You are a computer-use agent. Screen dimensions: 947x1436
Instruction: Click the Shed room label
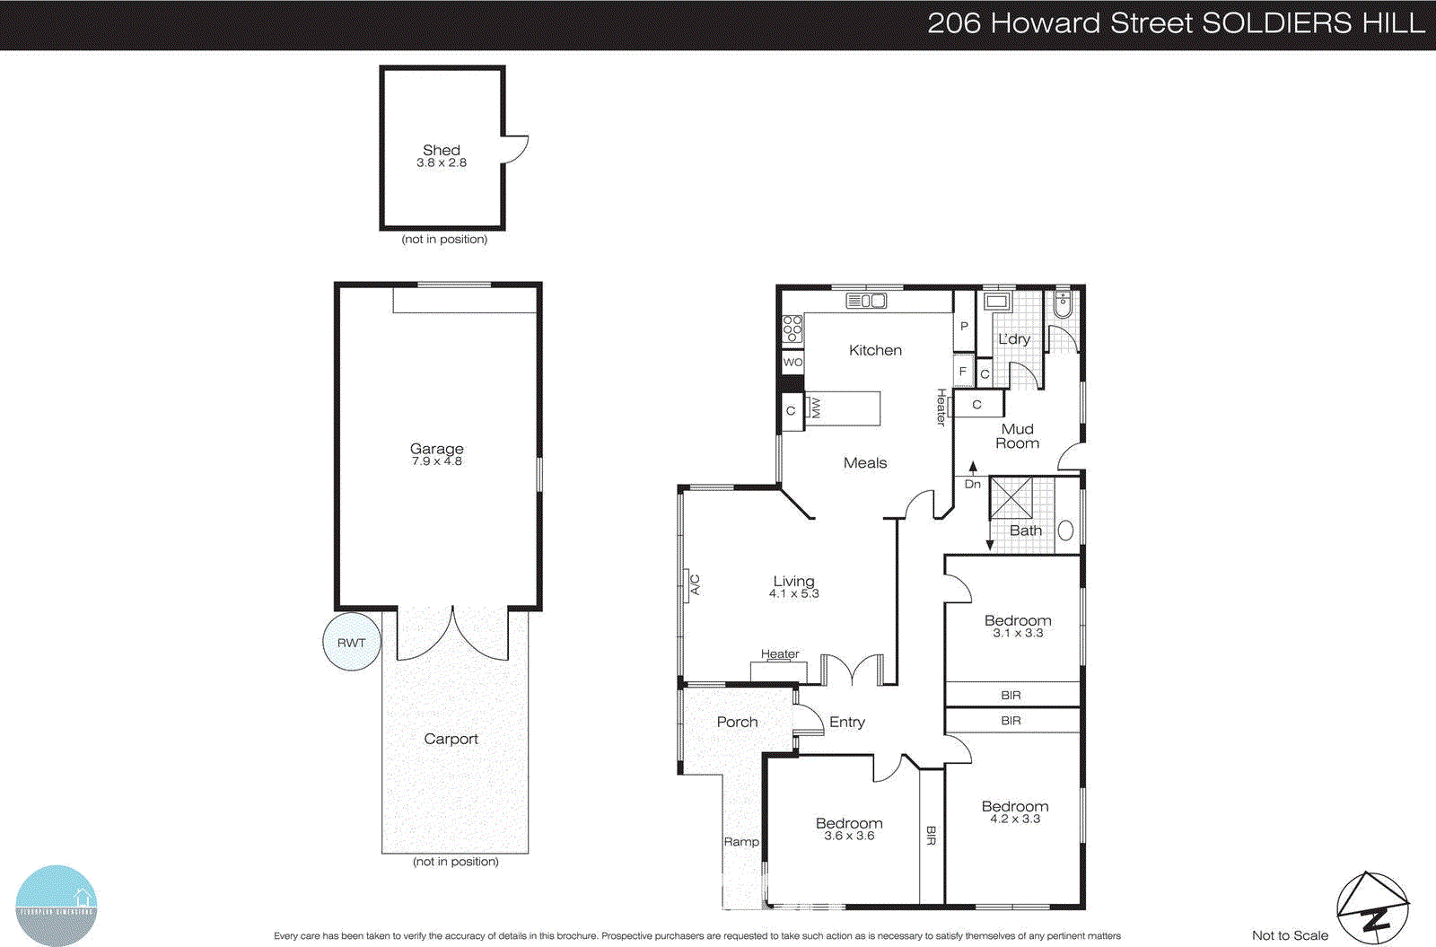pos(442,150)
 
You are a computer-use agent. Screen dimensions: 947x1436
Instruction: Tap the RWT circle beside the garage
pos(352,643)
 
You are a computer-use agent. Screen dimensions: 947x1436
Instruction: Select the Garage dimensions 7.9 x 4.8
pos(437,461)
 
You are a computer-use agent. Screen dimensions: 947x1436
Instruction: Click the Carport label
pos(451,739)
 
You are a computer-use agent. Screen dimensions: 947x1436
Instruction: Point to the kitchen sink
pos(866,301)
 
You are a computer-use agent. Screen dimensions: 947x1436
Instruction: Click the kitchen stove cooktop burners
pos(792,329)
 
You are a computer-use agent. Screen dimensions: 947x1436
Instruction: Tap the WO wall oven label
pos(792,363)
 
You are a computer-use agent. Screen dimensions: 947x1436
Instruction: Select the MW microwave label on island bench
pos(816,408)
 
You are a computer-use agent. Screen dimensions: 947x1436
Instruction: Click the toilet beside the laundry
pos(1063,304)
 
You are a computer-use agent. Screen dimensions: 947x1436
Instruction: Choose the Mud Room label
pos(1018,436)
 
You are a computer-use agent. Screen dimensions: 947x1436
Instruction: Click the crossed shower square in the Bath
pos(1011,498)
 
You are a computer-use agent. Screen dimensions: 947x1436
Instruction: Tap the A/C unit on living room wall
pos(694,584)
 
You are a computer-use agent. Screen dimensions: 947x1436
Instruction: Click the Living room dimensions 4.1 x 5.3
pos(794,594)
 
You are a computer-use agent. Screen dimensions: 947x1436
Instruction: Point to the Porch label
pos(737,722)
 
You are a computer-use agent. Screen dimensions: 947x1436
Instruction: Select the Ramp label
pos(741,842)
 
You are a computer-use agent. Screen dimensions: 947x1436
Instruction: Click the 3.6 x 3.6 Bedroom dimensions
pos(849,836)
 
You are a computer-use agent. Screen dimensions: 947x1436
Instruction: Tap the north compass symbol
pos(1372,908)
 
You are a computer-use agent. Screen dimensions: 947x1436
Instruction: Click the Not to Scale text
pos(1290,935)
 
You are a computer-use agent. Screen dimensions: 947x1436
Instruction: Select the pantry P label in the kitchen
pos(964,327)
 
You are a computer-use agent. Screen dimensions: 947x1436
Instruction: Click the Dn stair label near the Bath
pos(973,484)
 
